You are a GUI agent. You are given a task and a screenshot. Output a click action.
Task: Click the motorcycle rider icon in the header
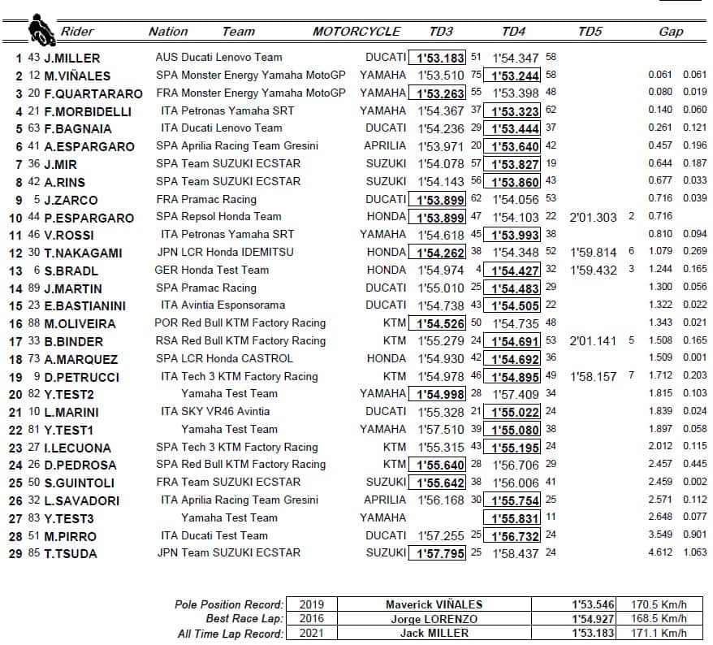click(x=41, y=30)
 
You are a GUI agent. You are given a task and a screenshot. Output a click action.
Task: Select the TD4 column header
click(x=514, y=32)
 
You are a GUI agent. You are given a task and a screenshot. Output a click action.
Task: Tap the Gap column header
click(x=671, y=32)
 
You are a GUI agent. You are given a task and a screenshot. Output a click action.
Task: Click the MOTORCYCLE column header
click(x=356, y=32)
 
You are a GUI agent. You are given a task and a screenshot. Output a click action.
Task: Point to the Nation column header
click(x=168, y=32)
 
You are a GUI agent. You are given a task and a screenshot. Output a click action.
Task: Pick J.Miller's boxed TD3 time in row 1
click(x=440, y=58)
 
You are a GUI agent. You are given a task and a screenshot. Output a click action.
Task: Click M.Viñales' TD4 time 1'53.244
click(x=515, y=76)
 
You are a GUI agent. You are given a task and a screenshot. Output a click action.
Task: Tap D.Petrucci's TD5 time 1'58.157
click(x=594, y=376)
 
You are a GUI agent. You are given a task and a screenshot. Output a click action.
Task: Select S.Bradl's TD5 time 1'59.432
click(x=594, y=271)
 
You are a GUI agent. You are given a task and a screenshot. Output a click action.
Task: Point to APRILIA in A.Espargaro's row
click(x=385, y=146)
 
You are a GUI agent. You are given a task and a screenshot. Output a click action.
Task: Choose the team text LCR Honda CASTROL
click(x=231, y=358)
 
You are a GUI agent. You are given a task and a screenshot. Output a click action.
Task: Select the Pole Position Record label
click(x=229, y=604)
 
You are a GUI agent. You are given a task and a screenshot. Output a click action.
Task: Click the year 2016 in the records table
click(x=312, y=619)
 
